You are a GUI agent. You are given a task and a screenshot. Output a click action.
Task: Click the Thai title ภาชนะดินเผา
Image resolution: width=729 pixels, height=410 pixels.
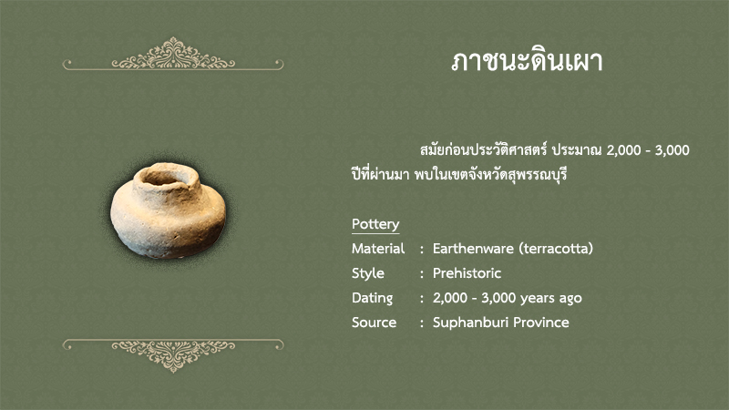pyautogui.click(x=527, y=61)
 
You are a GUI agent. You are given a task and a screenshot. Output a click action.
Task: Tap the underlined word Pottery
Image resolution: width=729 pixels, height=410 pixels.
pyautogui.click(x=375, y=224)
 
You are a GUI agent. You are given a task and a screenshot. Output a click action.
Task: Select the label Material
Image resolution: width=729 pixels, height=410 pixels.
pyautogui.click(x=378, y=249)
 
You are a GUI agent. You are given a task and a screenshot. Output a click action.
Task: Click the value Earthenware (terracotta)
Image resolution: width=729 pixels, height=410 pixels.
pyautogui.click(x=513, y=249)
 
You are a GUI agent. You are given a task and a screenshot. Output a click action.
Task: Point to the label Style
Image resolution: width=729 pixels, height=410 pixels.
pyautogui.click(x=368, y=273)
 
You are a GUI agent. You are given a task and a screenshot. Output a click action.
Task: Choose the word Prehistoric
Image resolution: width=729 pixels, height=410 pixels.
pyautogui.click(x=467, y=272)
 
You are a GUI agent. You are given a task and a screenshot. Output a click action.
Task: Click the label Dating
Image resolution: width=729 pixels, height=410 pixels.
pyautogui.click(x=372, y=298)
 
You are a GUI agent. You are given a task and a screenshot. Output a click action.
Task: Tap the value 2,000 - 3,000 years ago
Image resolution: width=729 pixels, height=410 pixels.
pyautogui.click(x=508, y=298)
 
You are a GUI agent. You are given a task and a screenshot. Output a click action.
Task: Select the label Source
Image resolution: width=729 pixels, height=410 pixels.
pyautogui.click(x=374, y=323)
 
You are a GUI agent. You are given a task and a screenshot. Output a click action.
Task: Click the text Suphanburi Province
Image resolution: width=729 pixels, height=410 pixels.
pyautogui.click(x=500, y=323)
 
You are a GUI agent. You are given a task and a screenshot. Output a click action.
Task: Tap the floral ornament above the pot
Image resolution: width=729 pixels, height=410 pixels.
pyautogui.click(x=173, y=54)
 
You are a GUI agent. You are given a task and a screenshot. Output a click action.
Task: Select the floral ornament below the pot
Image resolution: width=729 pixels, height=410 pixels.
pyautogui.click(x=173, y=355)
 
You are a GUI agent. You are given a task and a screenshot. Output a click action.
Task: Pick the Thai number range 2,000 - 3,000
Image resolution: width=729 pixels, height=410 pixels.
pyautogui.click(x=648, y=150)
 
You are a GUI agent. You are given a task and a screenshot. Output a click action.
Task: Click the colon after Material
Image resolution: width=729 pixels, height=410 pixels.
pyautogui.click(x=422, y=250)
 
